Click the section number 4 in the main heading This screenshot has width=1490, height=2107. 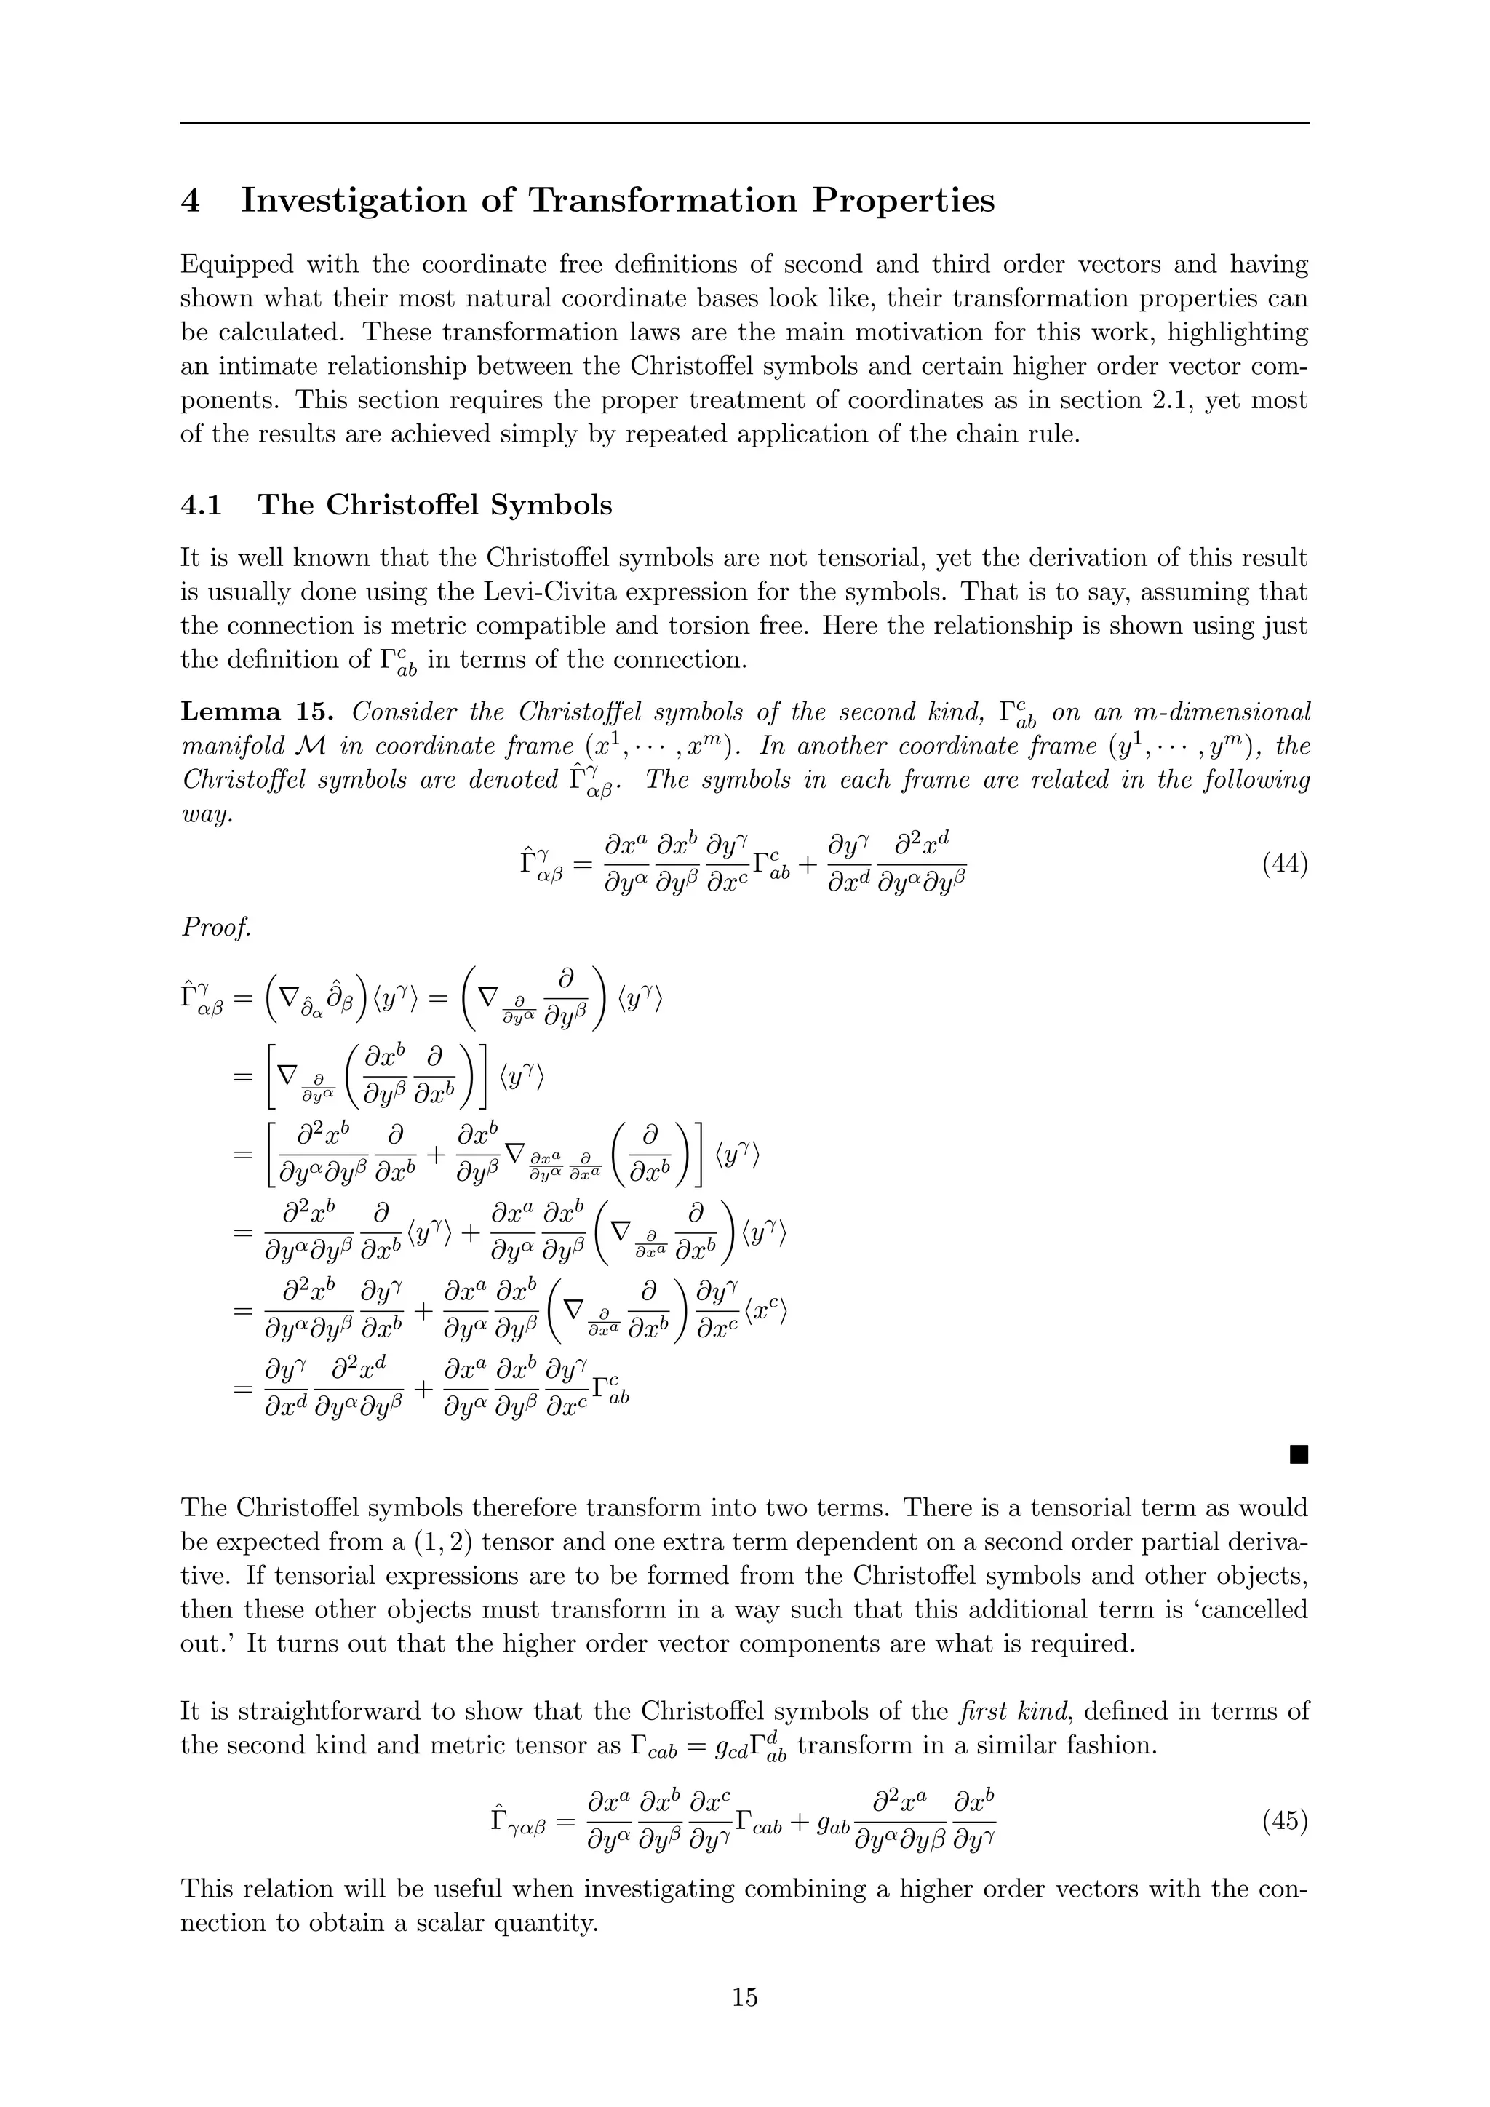point(190,200)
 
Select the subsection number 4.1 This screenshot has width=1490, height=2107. point(200,505)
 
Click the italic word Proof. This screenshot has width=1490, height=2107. point(215,928)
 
